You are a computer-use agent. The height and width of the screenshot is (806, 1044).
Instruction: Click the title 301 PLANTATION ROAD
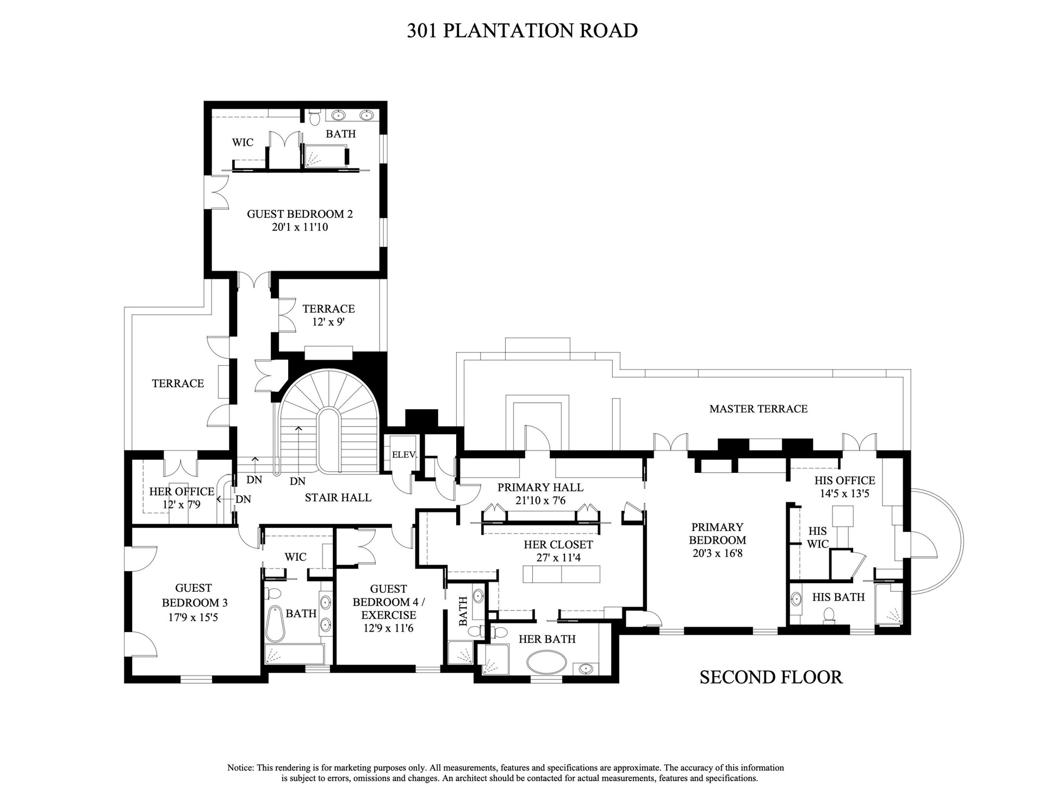[x=522, y=30]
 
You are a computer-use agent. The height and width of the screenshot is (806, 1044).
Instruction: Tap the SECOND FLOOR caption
[x=771, y=677]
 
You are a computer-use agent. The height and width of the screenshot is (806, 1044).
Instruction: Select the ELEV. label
[x=404, y=455]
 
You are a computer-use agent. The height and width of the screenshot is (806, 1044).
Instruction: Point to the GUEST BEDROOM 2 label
[x=300, y=214]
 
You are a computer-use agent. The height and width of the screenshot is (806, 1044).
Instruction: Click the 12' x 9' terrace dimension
[x=328, y=322]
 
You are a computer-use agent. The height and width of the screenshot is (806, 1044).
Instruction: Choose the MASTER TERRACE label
[x=759, y=409]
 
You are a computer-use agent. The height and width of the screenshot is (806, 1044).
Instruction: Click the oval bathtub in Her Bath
[x=546, y=663]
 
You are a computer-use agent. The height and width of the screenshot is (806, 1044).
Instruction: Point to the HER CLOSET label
[x=558, y=545]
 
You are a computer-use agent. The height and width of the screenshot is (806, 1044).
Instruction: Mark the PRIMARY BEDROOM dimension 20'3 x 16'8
[x=718, y=554]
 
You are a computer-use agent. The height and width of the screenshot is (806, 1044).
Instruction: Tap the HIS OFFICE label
[x=845, y=480]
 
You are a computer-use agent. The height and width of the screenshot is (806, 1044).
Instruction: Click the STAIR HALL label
[x=338, y=497]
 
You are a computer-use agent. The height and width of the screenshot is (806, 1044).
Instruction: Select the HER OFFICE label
[x=182, y=492]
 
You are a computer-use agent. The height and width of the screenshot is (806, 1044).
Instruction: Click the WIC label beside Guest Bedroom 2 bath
[x=243, y=142]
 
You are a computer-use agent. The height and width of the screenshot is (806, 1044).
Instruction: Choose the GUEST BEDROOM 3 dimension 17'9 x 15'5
[x=194, y=617]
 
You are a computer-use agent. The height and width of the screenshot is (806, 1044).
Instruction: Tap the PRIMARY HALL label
[x=540, y=488]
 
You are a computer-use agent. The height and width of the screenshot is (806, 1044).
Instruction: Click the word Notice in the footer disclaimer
[x=240, y=768]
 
